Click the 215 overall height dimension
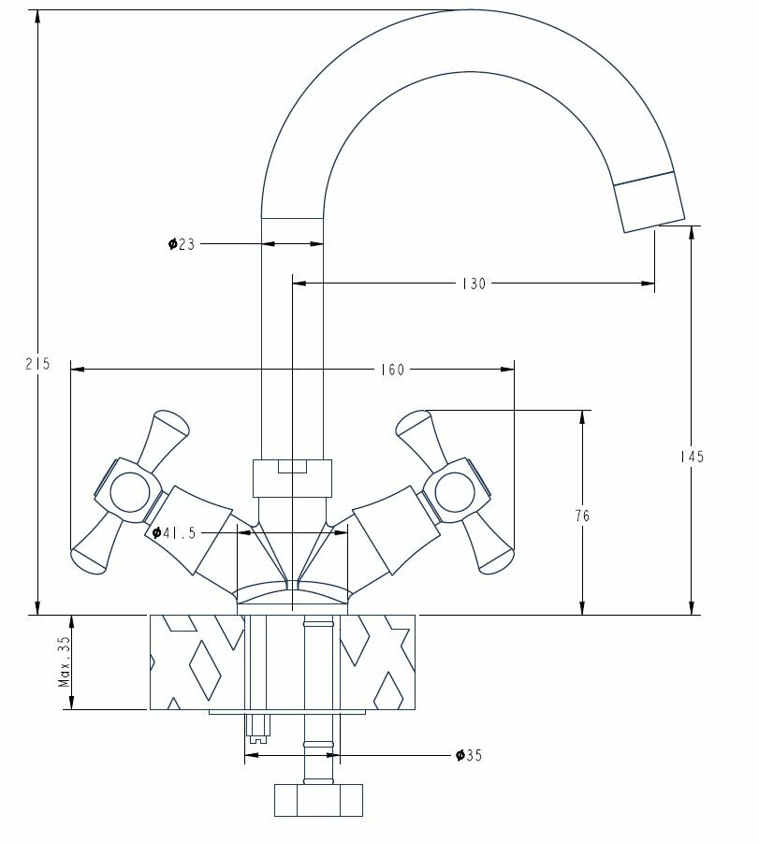coord(37,364)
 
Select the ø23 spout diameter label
coord(182,244)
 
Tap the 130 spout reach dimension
coord(474,283)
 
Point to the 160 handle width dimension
coord(394,370)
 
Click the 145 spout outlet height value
coord(692,457)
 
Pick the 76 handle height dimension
coord(582,515)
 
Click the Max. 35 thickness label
coord(64,661)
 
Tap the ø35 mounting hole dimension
coord(468,755)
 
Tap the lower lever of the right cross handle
coord(492,547)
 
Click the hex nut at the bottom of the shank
coord(318,800)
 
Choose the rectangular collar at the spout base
coord(293,478)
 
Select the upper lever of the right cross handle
coord(419,431)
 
